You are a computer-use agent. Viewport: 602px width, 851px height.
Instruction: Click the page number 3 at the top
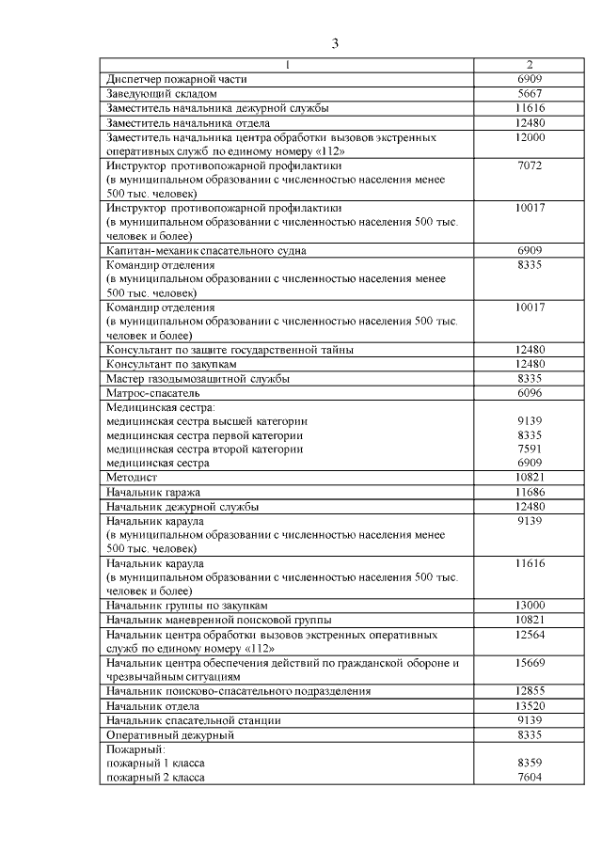coord(336,44)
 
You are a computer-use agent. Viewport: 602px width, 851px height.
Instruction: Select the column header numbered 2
coord(531,65)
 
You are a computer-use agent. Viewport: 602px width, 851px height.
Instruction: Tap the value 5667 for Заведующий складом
coord(531,94)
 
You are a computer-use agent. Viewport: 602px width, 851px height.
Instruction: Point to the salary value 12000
coord(531,137)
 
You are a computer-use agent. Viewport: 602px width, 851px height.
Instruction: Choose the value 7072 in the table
coord(531,165)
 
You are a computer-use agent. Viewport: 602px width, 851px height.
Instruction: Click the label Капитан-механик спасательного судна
coord(206,251)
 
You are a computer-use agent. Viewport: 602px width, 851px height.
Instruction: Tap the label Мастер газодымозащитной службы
coord(198,378)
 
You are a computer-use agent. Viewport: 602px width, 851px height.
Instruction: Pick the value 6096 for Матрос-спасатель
coord(531,392)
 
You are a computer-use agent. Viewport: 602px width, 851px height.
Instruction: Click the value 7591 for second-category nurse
coord(531,449)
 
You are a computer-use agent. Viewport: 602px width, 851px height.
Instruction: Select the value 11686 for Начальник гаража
coord(531,492)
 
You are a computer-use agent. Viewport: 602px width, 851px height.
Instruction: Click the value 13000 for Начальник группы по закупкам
coord(531,606)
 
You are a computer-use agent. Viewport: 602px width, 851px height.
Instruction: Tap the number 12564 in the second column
coord(531,635)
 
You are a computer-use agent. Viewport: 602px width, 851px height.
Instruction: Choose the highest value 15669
coord(531,663)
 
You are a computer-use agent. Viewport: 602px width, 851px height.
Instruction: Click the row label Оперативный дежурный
coord(169,734)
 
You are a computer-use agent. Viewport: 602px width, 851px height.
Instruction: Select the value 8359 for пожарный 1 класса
coord(531,764)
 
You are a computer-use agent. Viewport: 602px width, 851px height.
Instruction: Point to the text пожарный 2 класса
coord(155,778)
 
